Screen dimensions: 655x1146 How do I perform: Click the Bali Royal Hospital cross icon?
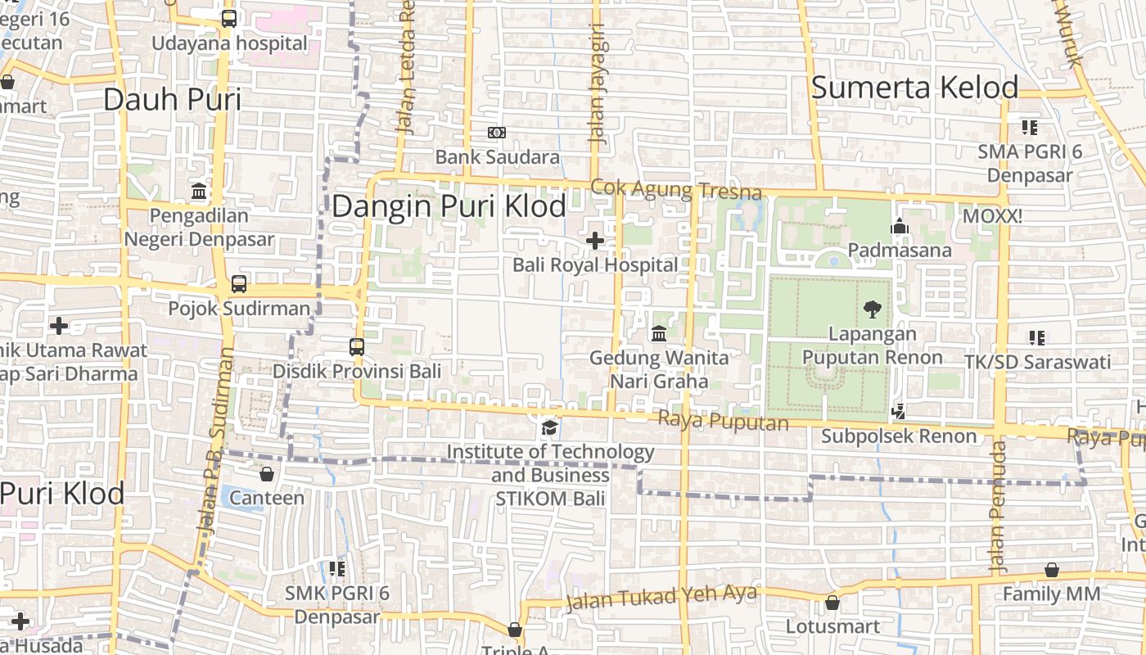[x=595, y=241]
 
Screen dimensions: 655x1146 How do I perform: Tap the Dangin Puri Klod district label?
[x=449, y=206]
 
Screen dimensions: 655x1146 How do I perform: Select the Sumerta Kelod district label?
[x=914, y=88]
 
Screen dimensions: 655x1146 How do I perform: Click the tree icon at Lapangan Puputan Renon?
[x=872, y=309]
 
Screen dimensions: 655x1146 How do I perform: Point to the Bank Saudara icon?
[x=497, y=133]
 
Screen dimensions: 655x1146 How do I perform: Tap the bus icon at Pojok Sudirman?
[x=238, y=284]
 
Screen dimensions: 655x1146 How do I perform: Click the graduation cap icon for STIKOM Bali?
[x=550, y=428]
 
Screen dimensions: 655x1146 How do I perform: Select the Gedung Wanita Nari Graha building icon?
[x=659, y=334]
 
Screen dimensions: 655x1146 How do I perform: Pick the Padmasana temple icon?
[x=900, y=226]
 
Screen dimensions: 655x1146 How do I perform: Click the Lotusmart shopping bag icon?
[x=832, y=603]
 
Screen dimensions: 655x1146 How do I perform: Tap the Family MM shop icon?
[x=1052, y=570]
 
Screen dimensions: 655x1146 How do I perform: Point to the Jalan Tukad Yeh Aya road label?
[x=661, y=599]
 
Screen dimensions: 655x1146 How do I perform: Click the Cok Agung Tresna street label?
[x=676, y=190]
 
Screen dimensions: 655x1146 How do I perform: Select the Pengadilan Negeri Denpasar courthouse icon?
[x=198, y=192]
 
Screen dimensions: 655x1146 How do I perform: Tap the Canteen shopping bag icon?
[x=266, y=474]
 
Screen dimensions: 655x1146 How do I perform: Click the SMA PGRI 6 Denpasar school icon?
[x=1030, y=128]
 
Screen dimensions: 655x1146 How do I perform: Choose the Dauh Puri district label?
[x=172, y=99]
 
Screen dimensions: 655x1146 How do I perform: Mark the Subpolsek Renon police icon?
[x=899, y=412]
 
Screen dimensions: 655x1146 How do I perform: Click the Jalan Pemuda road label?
[x=997, y=506]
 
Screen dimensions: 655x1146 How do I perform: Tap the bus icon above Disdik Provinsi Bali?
[x=357, y=346]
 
